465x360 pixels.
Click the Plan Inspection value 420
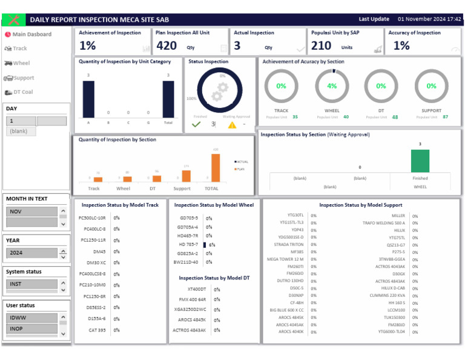point(167,45)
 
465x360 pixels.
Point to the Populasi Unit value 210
point(321,45)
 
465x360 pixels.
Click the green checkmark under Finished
point(196,124)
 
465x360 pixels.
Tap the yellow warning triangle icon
point(232,125)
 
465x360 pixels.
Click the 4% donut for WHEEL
point(332,86)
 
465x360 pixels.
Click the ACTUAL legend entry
point(240,162)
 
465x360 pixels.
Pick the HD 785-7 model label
point(187,244)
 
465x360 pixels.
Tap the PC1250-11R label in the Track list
point(92,240)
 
